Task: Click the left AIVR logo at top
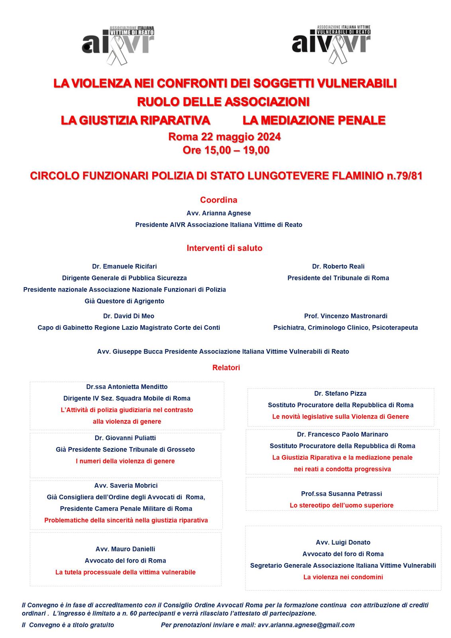point(118,44)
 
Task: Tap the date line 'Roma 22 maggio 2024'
point(225,137)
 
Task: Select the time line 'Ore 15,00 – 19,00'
point(226,150)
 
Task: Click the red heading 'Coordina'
point(219,200)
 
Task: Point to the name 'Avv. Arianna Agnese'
point(219,213)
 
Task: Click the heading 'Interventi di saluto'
point(224,248)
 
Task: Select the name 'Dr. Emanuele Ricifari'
point(124,266)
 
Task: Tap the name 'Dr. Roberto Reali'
point(338,266)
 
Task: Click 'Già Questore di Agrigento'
point(124,301)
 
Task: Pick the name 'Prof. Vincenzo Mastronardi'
point(345,316)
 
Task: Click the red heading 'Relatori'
point(226,368)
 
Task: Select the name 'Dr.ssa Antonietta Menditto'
point(127,386)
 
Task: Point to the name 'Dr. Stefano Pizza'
point(340,393)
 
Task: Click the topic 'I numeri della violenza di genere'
point(125,461)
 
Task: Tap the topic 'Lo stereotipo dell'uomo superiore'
point(341,505)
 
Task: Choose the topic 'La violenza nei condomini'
point(343,577)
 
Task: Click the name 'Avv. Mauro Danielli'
point(125,549)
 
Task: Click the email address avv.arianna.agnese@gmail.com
point(306,625)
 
